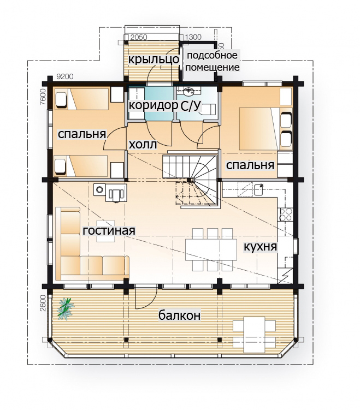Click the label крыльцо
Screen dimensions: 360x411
154,59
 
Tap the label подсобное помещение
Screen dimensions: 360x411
213,61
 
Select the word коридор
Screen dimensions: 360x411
154,105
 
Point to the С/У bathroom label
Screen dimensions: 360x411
191,106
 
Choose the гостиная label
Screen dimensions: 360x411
109,231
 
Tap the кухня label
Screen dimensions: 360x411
260,247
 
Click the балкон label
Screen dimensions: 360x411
180,315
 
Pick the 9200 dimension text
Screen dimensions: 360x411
65,77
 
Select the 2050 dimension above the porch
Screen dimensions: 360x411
139,37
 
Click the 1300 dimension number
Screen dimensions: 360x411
193,37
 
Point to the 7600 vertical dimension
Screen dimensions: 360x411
43,97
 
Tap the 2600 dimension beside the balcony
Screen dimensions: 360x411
43,303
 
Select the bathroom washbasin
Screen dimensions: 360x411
188,92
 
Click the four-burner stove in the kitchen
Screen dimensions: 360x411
285,214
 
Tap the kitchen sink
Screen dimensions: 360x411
259,189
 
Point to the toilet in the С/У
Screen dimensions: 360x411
208,109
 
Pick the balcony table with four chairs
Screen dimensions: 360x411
254,335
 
